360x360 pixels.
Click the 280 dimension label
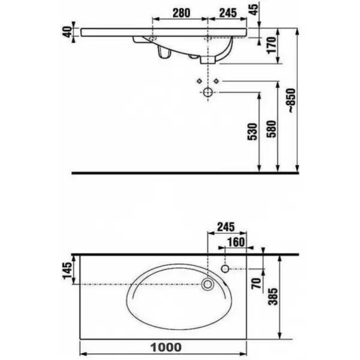pyautogui.click(x=181, y=13)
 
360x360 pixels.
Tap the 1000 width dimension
pyautogui.click(x=166, y=347)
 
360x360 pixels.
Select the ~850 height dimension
pyautogui.click(x=291, y=100)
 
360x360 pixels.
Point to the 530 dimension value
pyautogui.click(x=253, y=131)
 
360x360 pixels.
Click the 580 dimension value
pyautogui.click(x=272, y=129)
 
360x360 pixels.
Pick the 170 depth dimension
pyautogui.click(x=271, y=45)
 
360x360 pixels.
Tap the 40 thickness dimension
pyautogui.click(x=67, y=32)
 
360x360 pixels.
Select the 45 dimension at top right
pyautogui.click(x=254, y=10)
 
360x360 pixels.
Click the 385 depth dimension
pyautogui.click(x=273, y=296)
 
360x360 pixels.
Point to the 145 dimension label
pyautogui.click(x=67, y=271)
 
